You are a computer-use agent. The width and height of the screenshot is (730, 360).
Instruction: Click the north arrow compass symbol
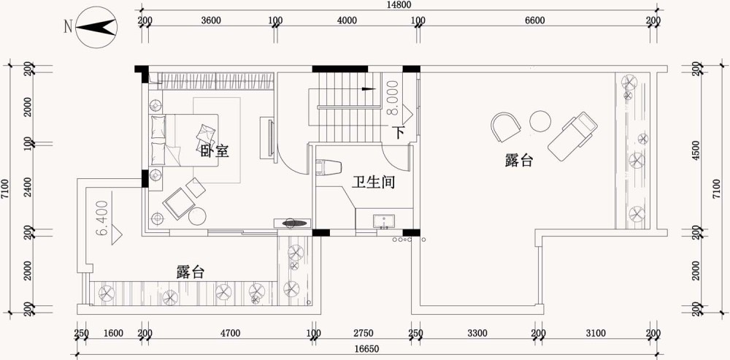(x=96, y=28)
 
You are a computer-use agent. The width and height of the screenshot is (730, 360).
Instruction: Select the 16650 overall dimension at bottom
(x=366, y=349)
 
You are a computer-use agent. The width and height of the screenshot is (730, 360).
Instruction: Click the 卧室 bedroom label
(x=215, y=151)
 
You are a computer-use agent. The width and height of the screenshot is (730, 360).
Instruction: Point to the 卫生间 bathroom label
(x=373, y=182)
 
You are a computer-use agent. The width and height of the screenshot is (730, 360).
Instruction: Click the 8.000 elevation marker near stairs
(x=393, y=98)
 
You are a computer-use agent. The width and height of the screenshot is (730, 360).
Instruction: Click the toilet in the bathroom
(x=328, y=167)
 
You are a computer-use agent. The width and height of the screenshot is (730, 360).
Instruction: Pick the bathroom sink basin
(x=384, y=222)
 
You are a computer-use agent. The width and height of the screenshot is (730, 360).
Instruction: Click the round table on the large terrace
(x=540, y=121)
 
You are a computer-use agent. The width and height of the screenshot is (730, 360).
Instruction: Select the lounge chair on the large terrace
(x=572, y=136)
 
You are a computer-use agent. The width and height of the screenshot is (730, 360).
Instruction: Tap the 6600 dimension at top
(x=534, y=20)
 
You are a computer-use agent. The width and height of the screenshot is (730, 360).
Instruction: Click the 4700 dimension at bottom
(x=230, y=333)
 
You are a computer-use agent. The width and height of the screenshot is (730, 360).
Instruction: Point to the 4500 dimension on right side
(x=696, y=150)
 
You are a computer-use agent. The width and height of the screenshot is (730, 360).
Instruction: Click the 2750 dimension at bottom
(x=363, y=333)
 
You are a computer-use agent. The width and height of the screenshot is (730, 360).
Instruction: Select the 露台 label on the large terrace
(x=518, y=161)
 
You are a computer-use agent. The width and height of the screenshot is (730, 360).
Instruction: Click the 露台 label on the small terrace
(x=191, y=272)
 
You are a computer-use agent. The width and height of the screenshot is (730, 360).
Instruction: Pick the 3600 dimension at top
(x=210, y=20)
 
